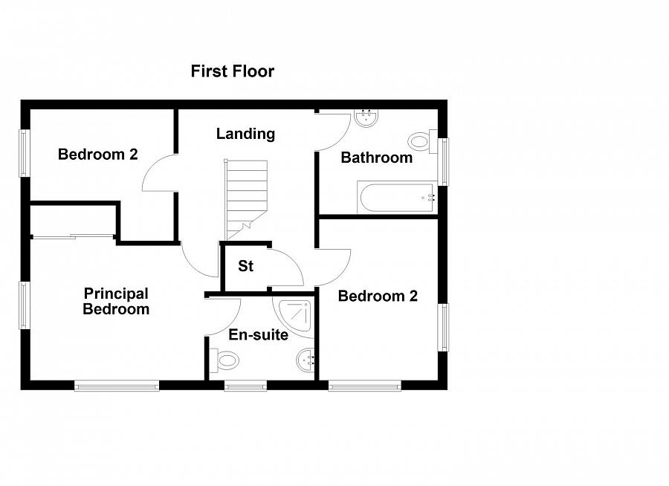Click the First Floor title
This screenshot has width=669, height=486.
232,71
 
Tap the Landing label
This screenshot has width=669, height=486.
245,134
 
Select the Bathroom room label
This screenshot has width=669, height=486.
376,158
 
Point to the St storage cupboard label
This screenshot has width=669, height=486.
245,266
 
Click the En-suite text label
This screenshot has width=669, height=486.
258,335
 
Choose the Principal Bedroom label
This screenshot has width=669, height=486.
116,302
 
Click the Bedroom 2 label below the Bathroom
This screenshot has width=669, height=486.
378,297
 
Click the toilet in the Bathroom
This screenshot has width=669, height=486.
421,140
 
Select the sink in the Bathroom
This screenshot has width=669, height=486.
367,118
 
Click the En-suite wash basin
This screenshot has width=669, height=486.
306,362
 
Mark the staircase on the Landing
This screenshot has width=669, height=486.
246,193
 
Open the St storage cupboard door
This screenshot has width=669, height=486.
286,269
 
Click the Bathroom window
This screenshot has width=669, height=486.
443,161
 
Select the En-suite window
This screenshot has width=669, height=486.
245,386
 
